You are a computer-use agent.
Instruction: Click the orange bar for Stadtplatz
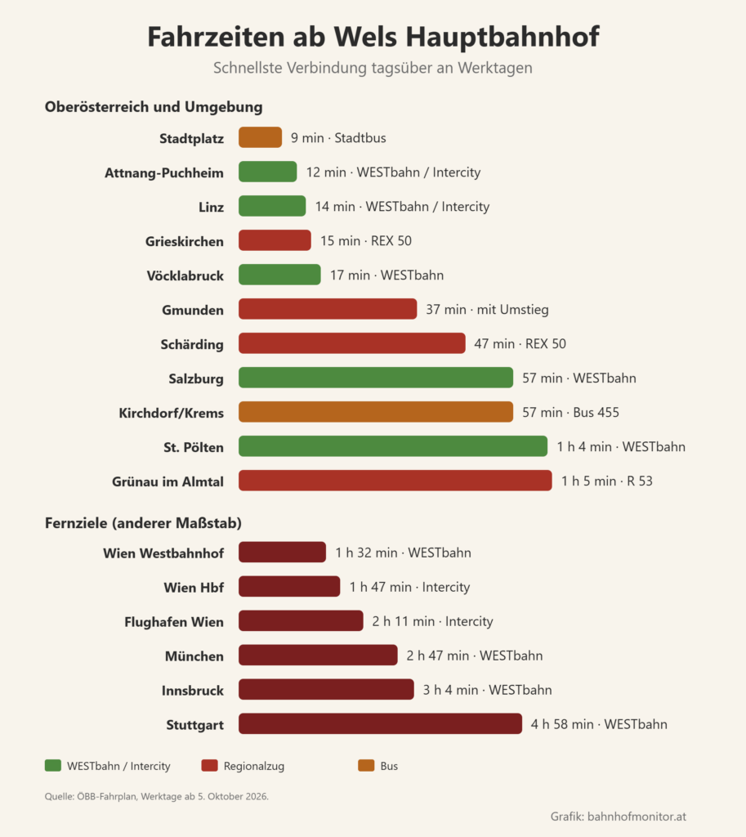coord(260,137)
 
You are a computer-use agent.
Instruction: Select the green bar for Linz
coord(272,206)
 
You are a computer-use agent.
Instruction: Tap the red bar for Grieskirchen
coord(275,240)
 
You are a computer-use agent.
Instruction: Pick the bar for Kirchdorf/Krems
coord(376,412)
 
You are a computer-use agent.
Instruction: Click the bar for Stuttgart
coord(380,724)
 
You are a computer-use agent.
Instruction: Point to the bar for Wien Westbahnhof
coord(282,553)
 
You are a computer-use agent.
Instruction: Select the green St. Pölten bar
coord(393,446)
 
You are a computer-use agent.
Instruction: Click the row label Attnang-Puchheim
coord(163,173)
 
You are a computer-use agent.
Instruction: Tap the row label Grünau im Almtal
coord(168,481)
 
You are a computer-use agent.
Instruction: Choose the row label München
coord(194,656)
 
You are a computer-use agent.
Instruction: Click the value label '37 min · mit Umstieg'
coord(487,310)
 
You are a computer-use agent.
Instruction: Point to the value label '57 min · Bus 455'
coord(570,412)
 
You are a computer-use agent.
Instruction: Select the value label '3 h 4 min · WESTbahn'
coord(487,690)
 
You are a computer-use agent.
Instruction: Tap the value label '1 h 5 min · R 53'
coord(607,481)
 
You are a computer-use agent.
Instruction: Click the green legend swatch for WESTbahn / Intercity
coord(53,765)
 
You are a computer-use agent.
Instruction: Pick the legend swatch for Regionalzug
coord(210,765)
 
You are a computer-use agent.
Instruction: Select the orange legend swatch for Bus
coord(366,765)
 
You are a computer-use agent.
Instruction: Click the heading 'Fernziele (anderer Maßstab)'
coord(143,522)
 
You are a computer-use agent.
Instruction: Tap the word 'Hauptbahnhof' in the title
coord(503,37)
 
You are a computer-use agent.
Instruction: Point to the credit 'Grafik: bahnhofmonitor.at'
coord(619,817)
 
